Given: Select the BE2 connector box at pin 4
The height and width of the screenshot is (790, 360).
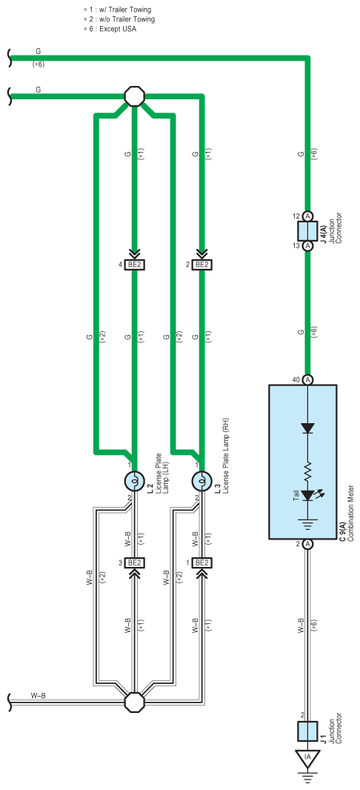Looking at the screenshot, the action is [x=134, y=265].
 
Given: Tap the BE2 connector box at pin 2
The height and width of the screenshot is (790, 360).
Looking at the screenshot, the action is [x=201, y=265].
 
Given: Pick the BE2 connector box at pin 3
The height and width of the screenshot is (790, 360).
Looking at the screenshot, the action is [x=134, y=562].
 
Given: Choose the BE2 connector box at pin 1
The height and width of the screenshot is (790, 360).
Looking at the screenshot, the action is [x=201, y=562].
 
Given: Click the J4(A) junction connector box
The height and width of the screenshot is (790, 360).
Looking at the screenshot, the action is [x=307, y=231].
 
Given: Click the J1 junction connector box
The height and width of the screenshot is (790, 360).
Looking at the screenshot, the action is [x=307, y=731].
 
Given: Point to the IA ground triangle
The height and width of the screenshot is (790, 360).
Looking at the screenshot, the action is [x=307, y=756].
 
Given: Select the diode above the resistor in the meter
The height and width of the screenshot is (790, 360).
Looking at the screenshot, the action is [x=307, y=428].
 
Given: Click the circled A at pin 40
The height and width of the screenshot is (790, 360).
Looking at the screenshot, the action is [x=307, y=379].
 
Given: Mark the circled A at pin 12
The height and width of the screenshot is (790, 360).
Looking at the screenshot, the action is [x=307, y=216].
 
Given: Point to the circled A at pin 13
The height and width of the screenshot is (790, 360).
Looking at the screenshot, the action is [x=307, y=246].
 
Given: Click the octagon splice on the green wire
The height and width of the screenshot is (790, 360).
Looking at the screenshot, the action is [x=134, y=95].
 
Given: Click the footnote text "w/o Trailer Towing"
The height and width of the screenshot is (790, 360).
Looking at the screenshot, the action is [x=127, y=19].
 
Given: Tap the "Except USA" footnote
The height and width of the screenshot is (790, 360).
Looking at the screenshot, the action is [x=118, y=29].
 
